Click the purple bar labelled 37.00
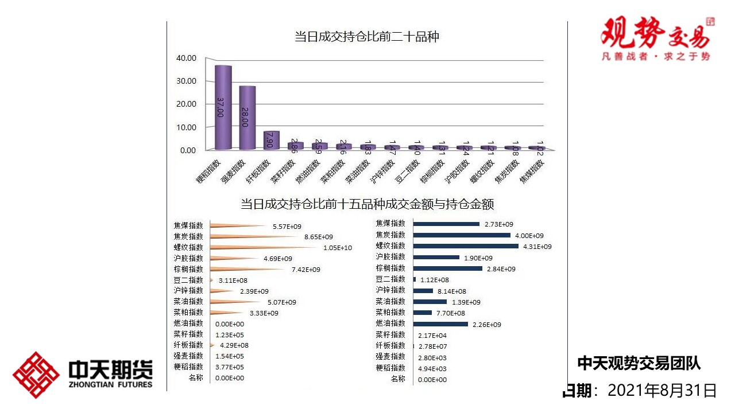pos(223,107)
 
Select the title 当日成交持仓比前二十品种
pos(366,37)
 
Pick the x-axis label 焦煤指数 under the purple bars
pos(532,171)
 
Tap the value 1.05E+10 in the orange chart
pos(338,248)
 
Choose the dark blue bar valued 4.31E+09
pos(466,246)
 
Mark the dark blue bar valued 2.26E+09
pos(440,324)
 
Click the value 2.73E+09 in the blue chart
pos(499,224)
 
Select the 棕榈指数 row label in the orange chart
pos(188,270)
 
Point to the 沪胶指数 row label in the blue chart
pos(390,257)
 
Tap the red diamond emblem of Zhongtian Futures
pos(36,375)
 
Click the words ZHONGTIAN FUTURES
pos(110,384)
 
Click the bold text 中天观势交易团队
pos(639,363)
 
